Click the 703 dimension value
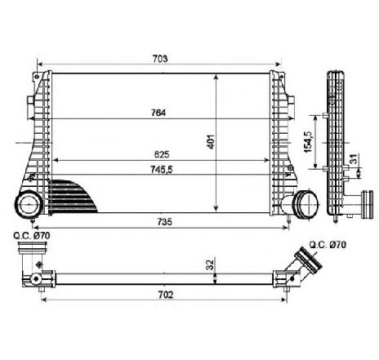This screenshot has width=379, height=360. pos(160,59)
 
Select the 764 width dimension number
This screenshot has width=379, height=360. pos(158,113)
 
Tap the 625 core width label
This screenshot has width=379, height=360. pos(162,154)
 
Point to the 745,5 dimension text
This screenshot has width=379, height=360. pos(162,170)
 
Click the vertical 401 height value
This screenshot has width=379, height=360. pos(212,142)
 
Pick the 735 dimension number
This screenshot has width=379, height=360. pos(164,222)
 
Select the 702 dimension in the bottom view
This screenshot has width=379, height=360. pos(165,295)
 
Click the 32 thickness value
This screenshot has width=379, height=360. pos(210,264)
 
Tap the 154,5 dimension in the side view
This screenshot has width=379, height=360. pos(308,142)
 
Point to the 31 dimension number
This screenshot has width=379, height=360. pos(353,158)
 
